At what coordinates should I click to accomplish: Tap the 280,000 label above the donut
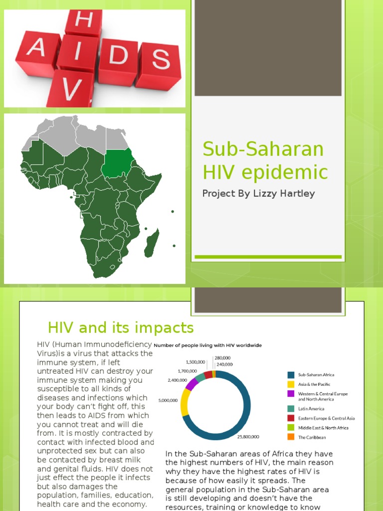223,358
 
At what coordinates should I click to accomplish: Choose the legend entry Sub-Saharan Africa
316,375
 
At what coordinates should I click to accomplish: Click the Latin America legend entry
311,409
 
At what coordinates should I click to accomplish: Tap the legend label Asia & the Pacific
314,384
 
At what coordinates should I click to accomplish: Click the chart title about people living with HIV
207,345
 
